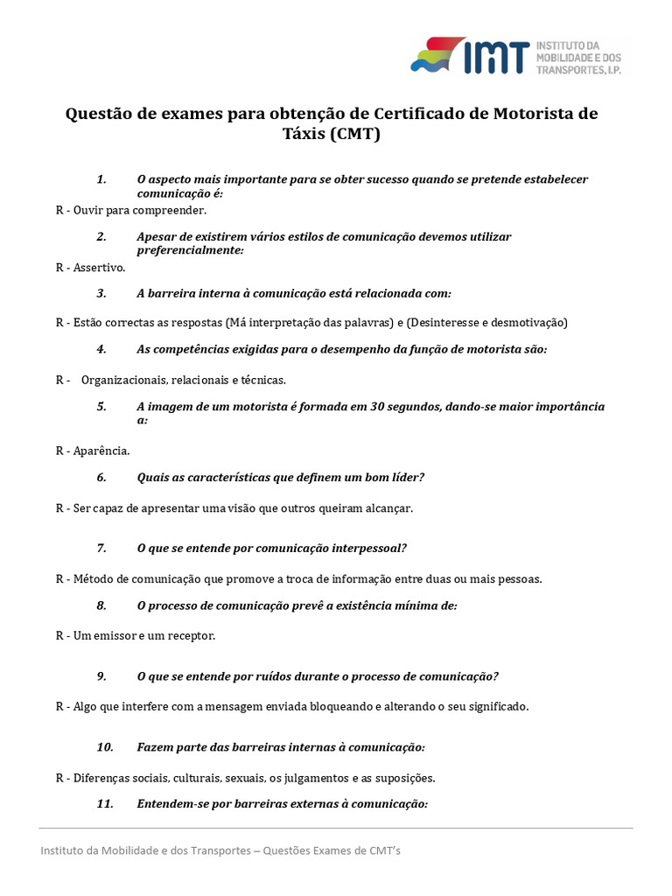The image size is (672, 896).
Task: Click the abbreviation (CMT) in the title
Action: coord(357,135)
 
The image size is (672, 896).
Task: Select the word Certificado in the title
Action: coord(425,115)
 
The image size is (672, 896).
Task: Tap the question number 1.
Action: coord(101,179)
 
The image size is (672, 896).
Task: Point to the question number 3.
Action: coord(101,293)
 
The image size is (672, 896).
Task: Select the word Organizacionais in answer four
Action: coord(124,380)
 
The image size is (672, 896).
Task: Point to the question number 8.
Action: coord(101,605)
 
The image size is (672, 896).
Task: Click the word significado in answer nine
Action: coord(495,706)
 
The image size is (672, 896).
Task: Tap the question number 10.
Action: coord(105,747)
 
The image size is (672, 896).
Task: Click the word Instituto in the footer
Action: coord(64,850)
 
